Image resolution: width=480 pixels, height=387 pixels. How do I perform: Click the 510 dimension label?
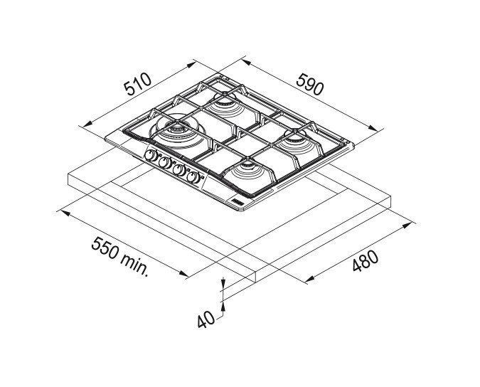(x=138, y=84)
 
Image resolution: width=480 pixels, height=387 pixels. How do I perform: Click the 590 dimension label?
(x=310, y=84)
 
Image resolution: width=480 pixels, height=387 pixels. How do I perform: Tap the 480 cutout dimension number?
(x=366, y=261)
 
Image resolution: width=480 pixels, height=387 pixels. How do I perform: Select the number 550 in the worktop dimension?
(x=104, y=248)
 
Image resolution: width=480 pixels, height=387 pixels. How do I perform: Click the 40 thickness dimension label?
(x=206, y=320)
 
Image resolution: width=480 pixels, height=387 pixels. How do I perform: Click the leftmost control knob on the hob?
(x=151, y=156)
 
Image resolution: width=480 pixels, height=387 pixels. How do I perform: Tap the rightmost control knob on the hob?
(x=193, y=178)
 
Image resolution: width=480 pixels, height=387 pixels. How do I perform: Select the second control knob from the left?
(x=165, y=163)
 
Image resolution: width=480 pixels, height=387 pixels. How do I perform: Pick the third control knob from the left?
(x=179, y=170)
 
